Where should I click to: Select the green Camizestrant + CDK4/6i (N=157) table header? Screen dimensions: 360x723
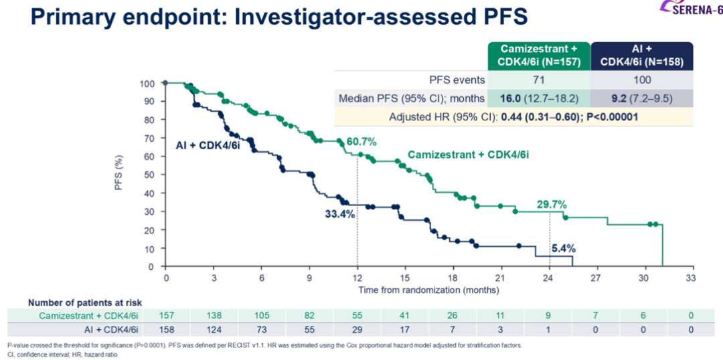(x=539, y=55)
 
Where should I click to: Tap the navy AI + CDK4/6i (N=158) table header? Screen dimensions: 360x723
(x=643, y=55)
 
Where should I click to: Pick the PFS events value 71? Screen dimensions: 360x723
(x=539, y=80)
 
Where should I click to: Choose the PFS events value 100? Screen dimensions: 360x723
(x=643, y=80)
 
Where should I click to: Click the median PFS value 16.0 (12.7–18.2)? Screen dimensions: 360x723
(x=539, y=98)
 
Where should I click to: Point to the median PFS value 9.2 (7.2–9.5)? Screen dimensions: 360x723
(x=643, y=98)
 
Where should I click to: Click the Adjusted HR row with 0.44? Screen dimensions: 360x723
(x=513, y=116)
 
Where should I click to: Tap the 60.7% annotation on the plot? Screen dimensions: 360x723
(x=361, y=142)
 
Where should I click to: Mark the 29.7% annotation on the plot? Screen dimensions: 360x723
(x=551, y=204)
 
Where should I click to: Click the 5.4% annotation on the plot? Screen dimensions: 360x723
(x=563, y=248)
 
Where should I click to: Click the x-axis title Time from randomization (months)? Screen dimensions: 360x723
(x=428, y=290)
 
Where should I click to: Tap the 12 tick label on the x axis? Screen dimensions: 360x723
(x=357, y=277)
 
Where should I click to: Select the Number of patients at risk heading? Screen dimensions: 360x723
(x=84, y=302)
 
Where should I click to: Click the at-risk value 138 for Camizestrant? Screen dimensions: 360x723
(x=214, y=315)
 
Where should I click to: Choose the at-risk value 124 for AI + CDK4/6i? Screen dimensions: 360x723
(x=214, y=329)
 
